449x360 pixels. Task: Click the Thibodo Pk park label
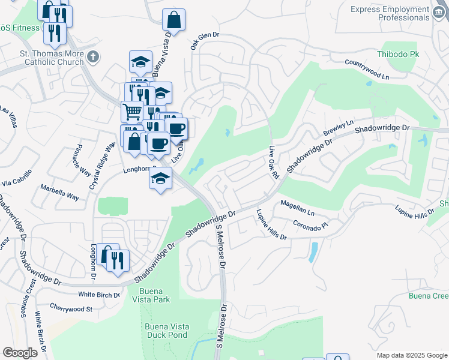[397, 54]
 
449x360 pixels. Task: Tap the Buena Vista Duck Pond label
[167, 331]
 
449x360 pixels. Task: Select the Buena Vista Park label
[149, 295]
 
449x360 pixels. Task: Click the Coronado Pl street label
[312, 226]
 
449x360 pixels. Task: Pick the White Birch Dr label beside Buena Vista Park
[99, 295]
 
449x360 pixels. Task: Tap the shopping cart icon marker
[132, 111]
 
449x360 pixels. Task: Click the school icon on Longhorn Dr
[160, 179]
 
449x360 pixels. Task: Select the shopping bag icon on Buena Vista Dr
[173, 20]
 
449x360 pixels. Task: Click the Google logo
[20, 353]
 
